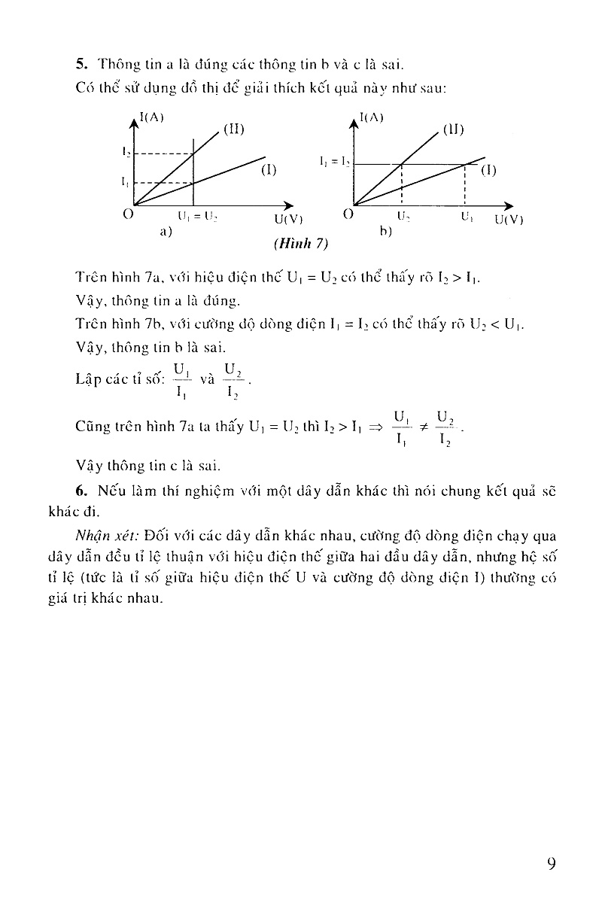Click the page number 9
pyautogui.click(x=552, y=862)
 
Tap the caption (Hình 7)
pyautogui.click(x=301, y=244)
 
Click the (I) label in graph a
pyautogui.click(x=269, y=170)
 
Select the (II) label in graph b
pyautogui.click(x=453, y=129)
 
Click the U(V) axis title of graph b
pyautogui.click(x=509, y=220)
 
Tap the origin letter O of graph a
pyautogui.click(x=128, y=214)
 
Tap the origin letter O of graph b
pyautogui.click(x=348, y=214)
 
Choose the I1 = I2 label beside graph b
pyautogui.click(x=335, y=161)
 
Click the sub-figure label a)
pyautogui.click(x=166, y=232)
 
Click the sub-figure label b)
pyautogui.click(x=386, y=232)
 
